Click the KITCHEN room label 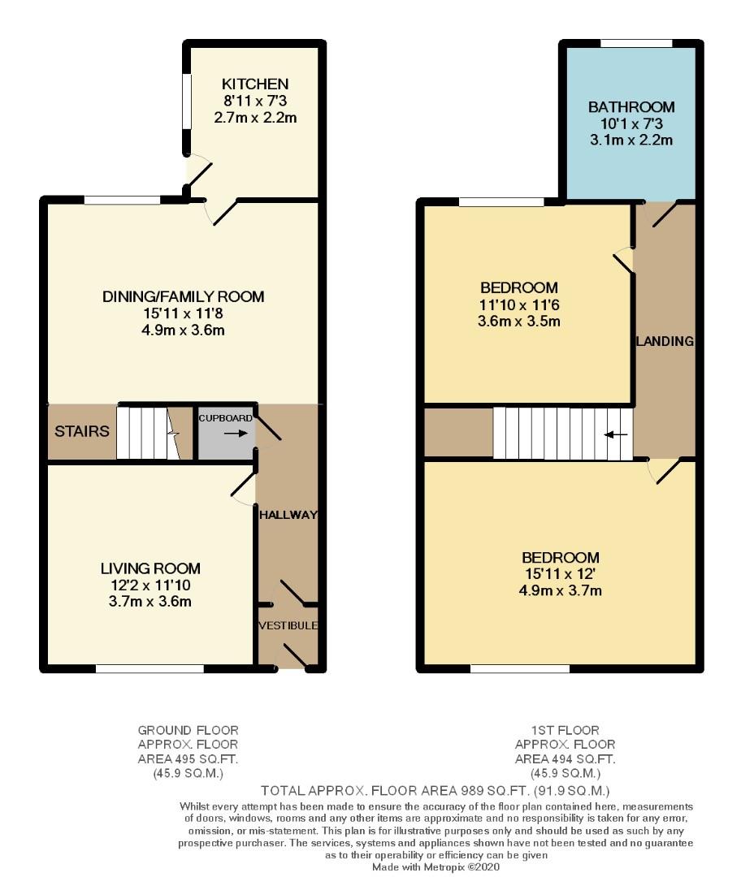pos(255,84)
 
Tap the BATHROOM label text pos(631,107)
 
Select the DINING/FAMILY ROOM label pos(183,296)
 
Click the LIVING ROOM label pos(150,568)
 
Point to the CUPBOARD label pos(226,418)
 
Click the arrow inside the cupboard pos(236,434)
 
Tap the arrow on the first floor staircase pos(616,434)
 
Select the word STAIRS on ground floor pos(82,431)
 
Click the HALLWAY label pos(288,515)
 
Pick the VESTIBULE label pos(288,626)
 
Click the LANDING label pos(665,341)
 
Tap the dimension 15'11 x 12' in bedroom pos(561,574)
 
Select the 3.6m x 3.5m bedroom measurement pos(519,321)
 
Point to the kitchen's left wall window pos(186,101)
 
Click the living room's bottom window pos(149,669)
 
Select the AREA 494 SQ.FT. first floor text pos(565,758)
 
